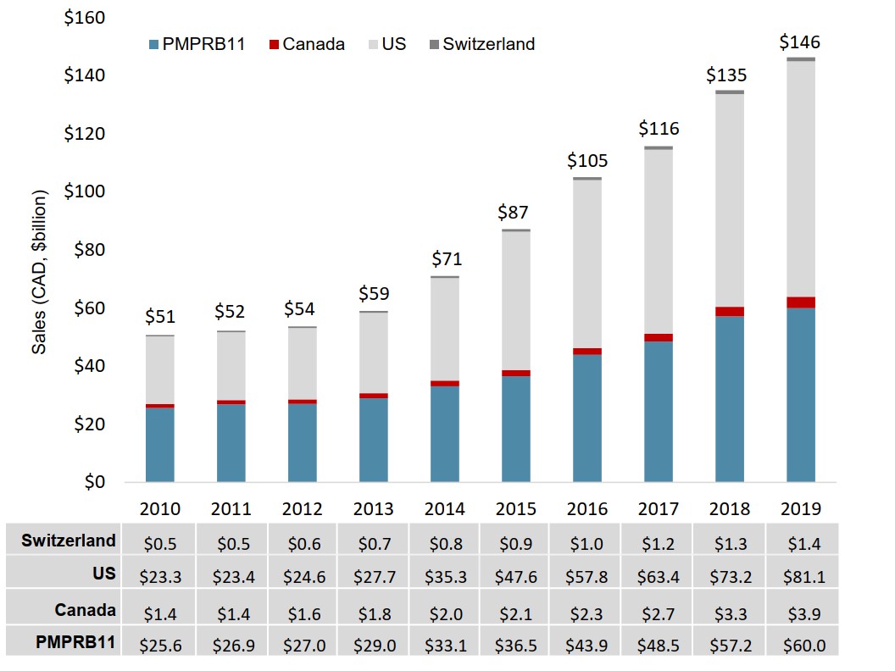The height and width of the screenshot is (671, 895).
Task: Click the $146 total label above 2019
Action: [800, 42]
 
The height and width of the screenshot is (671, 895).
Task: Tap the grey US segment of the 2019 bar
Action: [800, 179]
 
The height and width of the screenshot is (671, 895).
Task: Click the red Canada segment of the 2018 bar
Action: [730, 311]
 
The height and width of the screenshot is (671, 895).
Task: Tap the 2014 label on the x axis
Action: [445, 509]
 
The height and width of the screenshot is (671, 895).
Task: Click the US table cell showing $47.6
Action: [516, 577]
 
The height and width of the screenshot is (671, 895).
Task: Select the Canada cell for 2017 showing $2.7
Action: [659, 610]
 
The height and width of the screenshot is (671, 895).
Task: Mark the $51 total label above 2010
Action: [160, 317]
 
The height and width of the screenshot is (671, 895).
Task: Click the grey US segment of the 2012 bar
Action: [303, 363]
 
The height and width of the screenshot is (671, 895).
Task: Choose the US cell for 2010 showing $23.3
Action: [160, 577]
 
